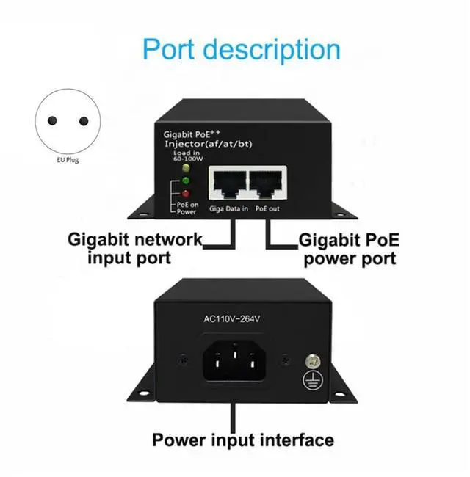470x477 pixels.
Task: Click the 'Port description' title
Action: [x=241, y=49]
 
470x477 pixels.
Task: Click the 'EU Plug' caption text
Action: [x=67, y=159]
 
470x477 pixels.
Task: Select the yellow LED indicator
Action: [x=176, y=168]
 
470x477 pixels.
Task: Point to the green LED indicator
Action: [x=176, y=180]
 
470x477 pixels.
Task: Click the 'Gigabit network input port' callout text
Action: [x=134, y=248]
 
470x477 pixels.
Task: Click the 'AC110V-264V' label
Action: [x=233, y=318]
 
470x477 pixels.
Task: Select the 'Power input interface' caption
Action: [x=242, y=440]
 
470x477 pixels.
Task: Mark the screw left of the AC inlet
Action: [x=182, y=361]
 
